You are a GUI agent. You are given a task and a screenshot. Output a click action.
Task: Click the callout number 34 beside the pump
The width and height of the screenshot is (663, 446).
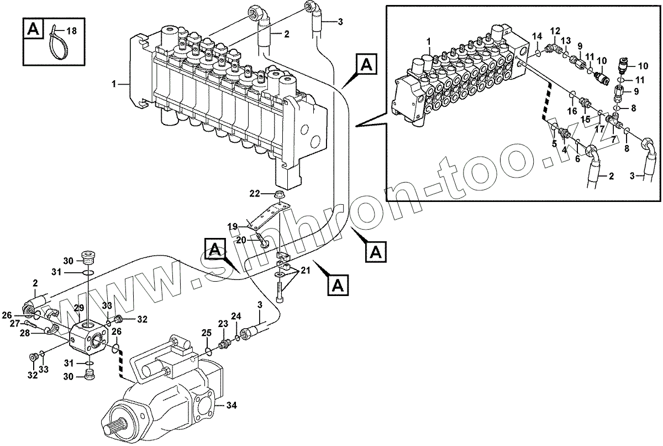(x=232, y=406)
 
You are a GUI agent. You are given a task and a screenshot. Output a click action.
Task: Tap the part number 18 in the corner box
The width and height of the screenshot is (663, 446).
(x=72, y=30)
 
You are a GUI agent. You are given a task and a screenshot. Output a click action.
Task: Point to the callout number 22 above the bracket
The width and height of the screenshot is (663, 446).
(x=254, y=193)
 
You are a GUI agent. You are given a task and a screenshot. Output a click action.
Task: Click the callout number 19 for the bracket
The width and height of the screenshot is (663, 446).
(x=233, y=226)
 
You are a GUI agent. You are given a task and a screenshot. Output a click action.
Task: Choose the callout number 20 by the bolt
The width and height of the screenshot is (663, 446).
(x=241, y=240)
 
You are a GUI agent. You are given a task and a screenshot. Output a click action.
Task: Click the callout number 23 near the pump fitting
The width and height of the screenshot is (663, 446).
(x=223, y=324)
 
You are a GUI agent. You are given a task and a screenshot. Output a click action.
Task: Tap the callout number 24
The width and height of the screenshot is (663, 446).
(x=236, y=316)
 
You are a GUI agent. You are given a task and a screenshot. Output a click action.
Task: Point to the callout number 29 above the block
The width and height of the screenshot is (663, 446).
(x=79, y=308)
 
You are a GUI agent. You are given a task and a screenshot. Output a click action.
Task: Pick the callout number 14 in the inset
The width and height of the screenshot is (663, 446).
(x=536, y=37)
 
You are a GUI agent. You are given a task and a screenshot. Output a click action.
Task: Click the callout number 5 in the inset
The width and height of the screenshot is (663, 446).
(x=554, y=144)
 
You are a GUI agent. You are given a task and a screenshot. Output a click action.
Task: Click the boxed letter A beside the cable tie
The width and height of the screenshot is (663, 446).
(x=34, y=29)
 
